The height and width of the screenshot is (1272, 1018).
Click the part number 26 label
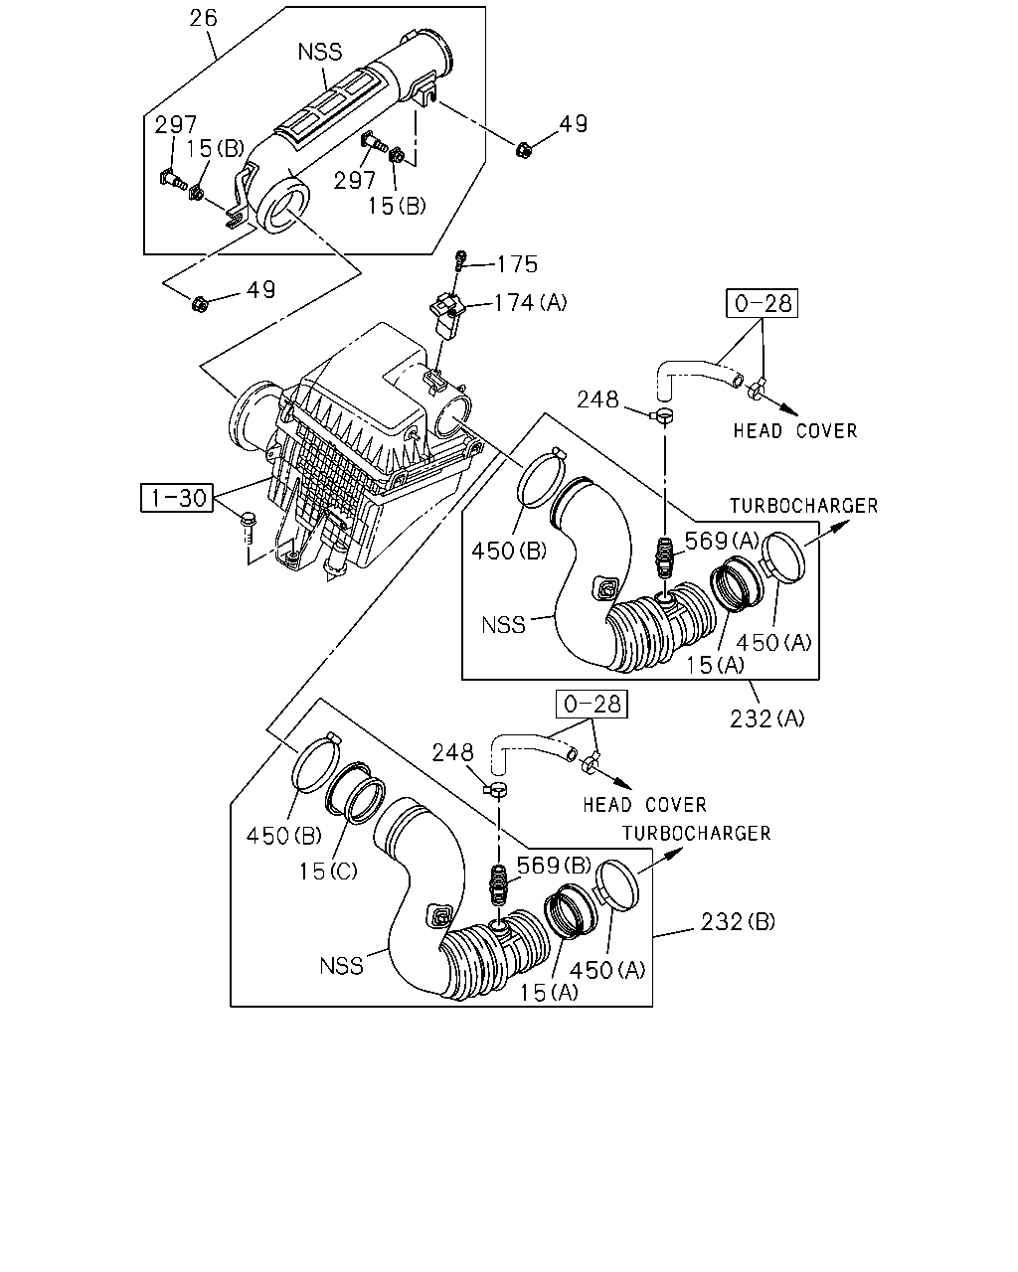click(203, 18)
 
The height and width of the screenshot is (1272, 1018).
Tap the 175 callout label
click(517, 264)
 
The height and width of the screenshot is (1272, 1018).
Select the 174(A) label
click(530, 303)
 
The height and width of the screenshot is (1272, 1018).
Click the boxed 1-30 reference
click(177, 498)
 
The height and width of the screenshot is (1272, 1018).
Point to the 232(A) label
click(767, 718)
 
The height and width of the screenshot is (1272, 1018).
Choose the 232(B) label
click(738, 921)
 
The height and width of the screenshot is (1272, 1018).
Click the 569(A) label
click(722, 541)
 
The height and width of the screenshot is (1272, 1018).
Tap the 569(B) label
click(555, 866)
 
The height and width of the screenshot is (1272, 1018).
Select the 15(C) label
click(328, 872)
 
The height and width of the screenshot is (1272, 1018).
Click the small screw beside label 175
click(460, 260)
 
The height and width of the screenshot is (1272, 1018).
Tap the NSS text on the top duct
click(320, 52)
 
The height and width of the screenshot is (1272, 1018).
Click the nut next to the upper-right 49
click(523, 149)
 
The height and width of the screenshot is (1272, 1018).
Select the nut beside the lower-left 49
click(200, 304)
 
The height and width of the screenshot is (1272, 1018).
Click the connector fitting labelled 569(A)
click(665, 557)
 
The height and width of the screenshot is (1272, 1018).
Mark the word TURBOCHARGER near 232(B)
click(696, 834)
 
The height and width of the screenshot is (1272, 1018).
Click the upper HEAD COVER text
click(795, 431)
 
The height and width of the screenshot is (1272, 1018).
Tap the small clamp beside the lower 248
click(496, 789)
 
